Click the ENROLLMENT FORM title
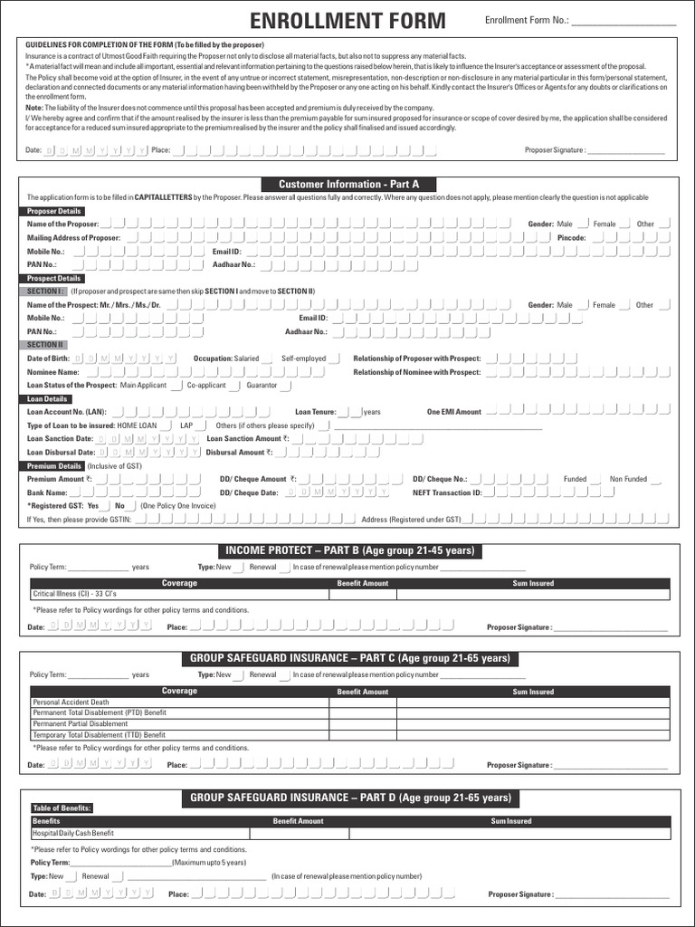click(x=347, y=21)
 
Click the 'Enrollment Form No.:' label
click(x=527, y=21)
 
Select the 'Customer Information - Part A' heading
click(x=348, y=184)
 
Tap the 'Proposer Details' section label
click(x=53, y=211)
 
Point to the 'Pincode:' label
click(x=571, y=237)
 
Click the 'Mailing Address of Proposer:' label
click(x=73, y=237)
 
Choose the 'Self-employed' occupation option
click(x=304, y=358)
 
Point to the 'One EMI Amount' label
click(x=454, y=412)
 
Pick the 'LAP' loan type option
click(x=186, y=425)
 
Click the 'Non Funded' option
click(x=628, y=479)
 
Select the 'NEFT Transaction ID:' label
click(x=447, y=492)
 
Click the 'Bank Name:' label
click(x=47, y=492)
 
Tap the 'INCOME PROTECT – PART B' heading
click(x=348, y=551)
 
